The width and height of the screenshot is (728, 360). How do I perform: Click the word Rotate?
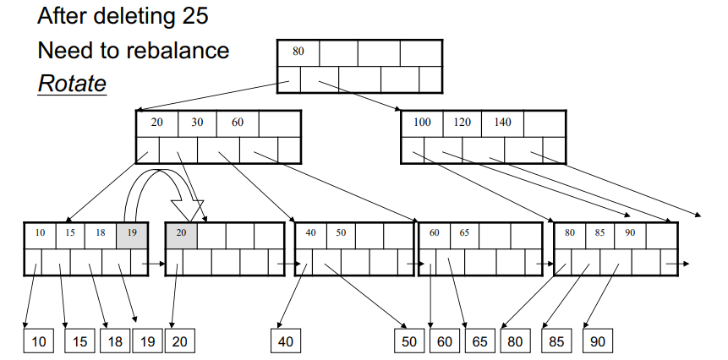pyautogui.click(x=72, y=85)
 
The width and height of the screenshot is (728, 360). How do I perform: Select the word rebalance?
pyautogui.click(x=173, y=51)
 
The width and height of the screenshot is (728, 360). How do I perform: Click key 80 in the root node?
pyautogui.click(x=298, y=52)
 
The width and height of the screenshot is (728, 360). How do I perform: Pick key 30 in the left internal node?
pyautogui.click(x=197, y=122)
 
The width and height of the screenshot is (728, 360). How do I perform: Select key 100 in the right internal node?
pyautogui.click(x=422, y=122)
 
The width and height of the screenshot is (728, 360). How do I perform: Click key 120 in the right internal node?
pyautogui.click(x=462, y=122)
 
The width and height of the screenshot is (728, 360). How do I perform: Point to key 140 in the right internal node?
pyautogui.click(x=502, y=122)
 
